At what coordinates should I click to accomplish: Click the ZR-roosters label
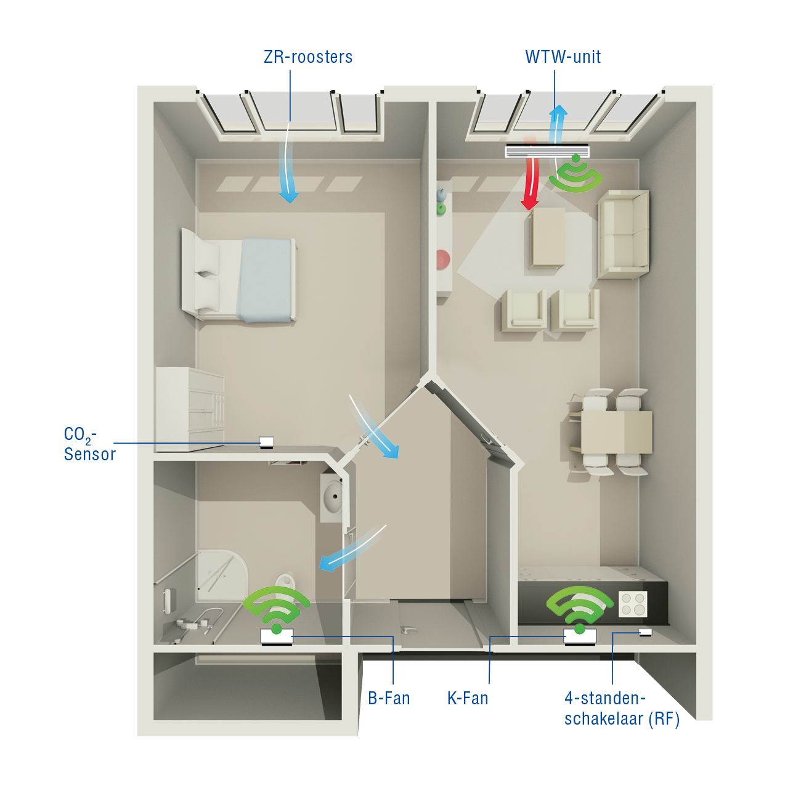[308, 57]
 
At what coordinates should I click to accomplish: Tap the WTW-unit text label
[563, 57]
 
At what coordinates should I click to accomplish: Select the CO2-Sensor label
[89, 444]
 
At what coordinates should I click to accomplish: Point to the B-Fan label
[389, 698]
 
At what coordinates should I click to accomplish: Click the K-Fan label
[468, 698]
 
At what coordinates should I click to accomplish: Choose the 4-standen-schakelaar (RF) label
[622, 709]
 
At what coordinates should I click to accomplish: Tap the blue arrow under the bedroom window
[290, 166]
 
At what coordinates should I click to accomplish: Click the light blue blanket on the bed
[265, 279]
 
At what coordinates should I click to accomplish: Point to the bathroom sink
[331, 497]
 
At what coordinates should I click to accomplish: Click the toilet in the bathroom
[284, 582]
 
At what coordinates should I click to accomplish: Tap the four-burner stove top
[633, 604]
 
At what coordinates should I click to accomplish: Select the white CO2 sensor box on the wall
[266, 442]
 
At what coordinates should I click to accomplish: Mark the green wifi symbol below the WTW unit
[576, 174]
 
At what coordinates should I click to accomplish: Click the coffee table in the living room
[548, 237]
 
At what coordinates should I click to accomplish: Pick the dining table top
[616, 432]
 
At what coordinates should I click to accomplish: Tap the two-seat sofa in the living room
[623, 234]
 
